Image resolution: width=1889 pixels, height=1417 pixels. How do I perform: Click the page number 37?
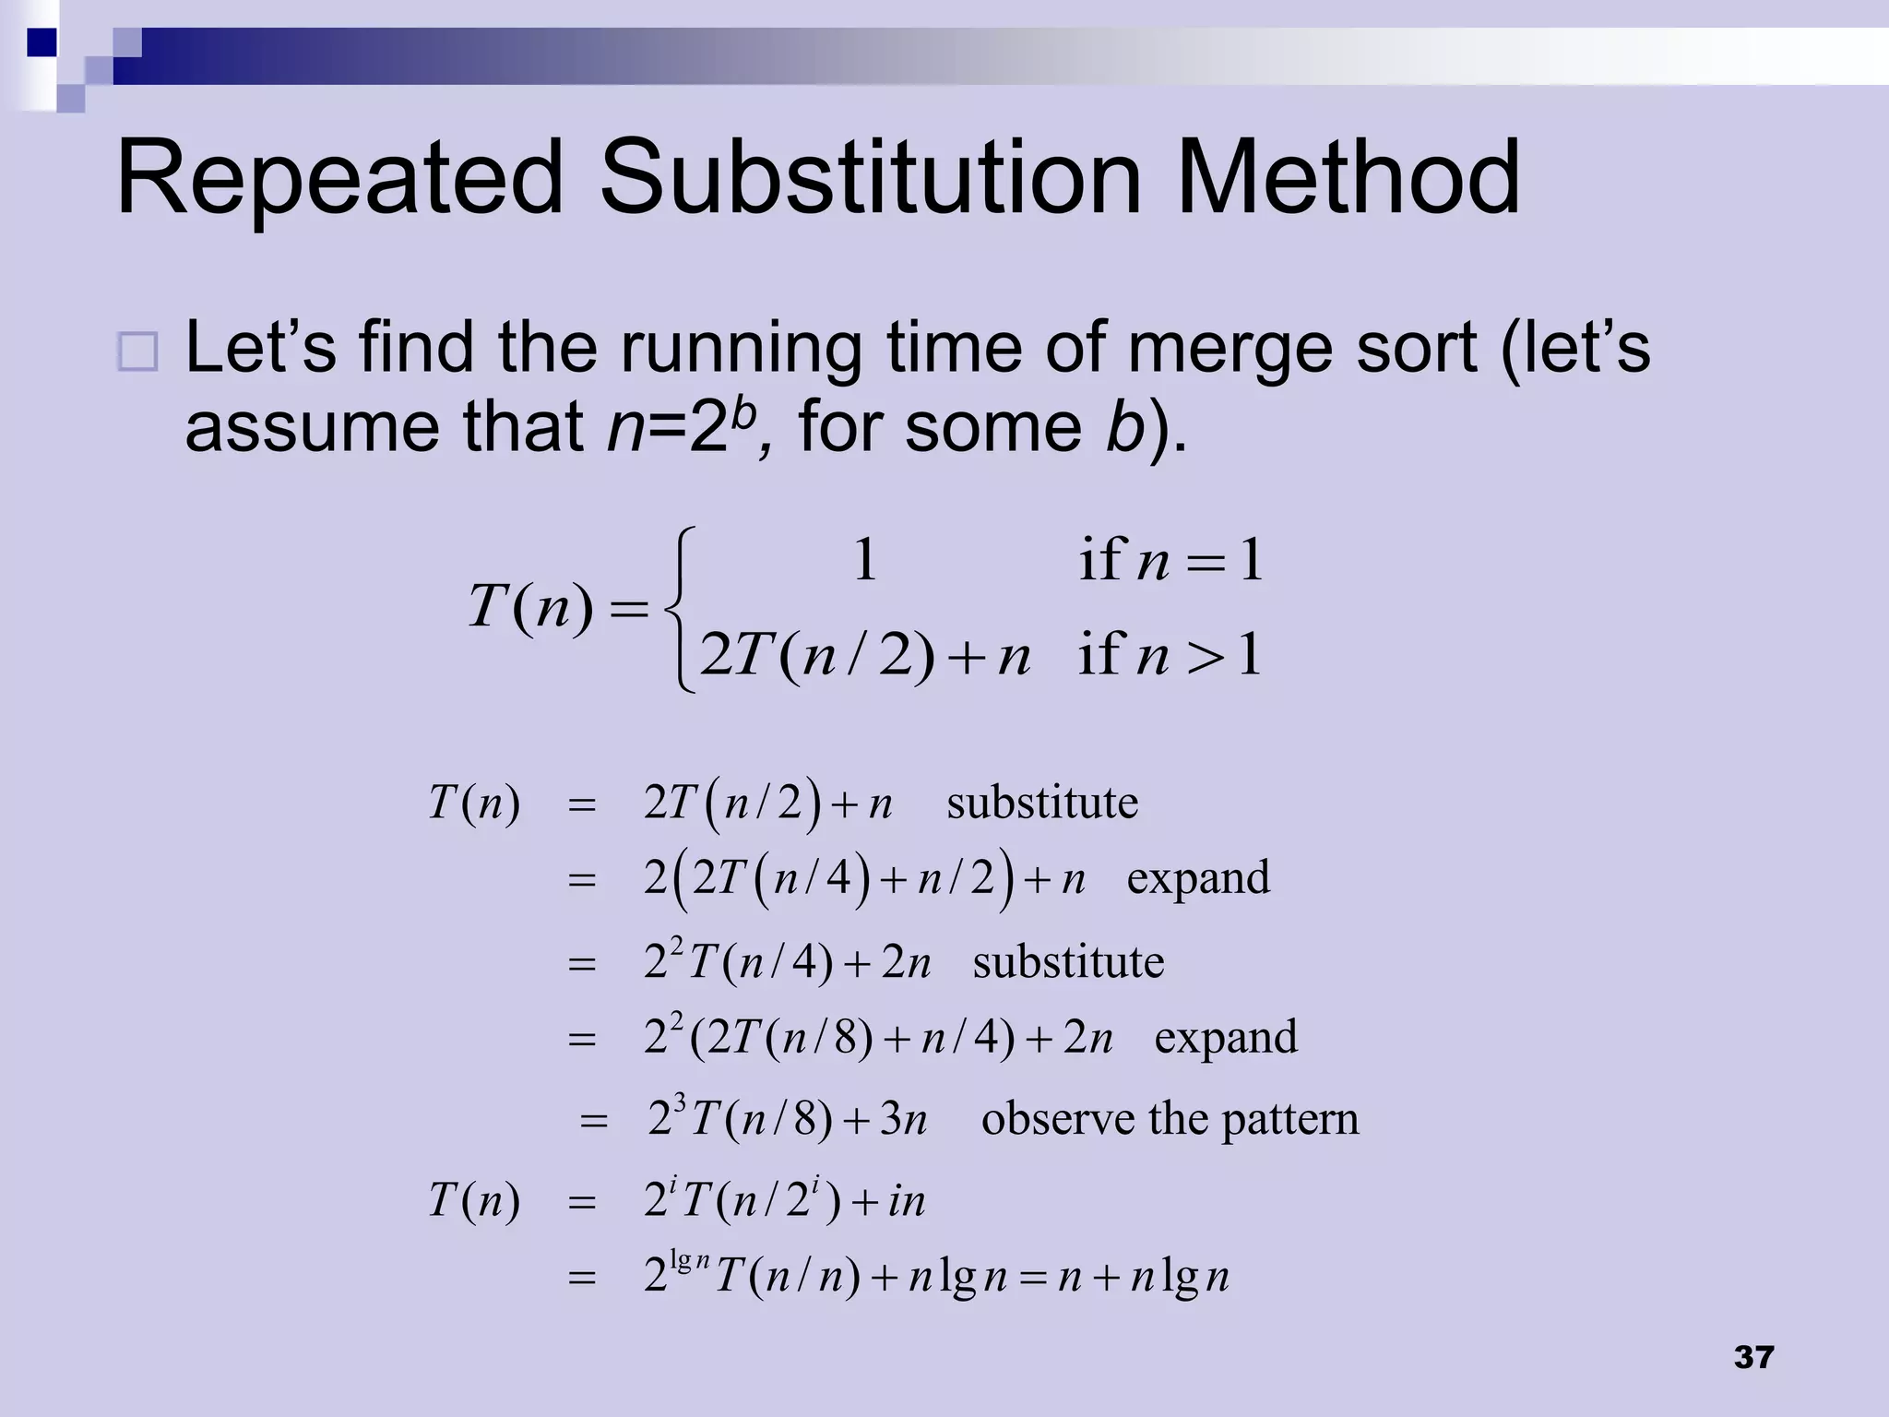1753,1357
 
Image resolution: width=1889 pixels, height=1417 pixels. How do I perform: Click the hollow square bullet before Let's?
138,351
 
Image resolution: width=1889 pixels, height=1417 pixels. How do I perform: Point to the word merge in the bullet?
1231,349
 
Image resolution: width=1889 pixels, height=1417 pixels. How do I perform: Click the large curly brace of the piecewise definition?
678,609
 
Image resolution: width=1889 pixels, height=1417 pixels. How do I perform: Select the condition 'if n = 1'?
1170,560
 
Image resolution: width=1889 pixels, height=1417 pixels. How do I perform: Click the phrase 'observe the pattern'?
1170,1119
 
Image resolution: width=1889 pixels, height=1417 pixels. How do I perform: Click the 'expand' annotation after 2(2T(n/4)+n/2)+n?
1198,877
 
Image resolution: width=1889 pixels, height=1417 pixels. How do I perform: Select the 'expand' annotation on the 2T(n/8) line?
1226,1037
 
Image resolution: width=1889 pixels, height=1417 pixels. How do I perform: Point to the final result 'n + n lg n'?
1144,1278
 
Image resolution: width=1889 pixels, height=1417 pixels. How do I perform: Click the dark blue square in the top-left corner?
42,42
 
